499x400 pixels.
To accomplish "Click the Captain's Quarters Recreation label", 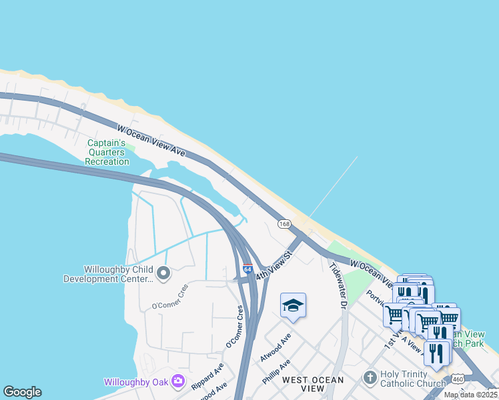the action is coord(108,152).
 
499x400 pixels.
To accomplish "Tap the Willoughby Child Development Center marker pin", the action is coord(162,273).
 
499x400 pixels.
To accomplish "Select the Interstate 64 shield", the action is coord(247,270).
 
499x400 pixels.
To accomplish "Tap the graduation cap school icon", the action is coord(293,305).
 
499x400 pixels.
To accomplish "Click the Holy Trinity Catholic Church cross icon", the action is coord(370,378).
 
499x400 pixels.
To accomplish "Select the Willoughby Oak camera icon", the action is coord(178,381).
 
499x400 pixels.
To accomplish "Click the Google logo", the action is coord(22,392).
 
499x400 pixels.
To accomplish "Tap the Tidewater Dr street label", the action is coord(339,285).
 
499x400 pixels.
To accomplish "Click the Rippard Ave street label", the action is coord(207,378).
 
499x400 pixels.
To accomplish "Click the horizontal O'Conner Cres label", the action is coord(166,305).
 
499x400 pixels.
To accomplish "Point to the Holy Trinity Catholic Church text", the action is coord(412,379).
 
